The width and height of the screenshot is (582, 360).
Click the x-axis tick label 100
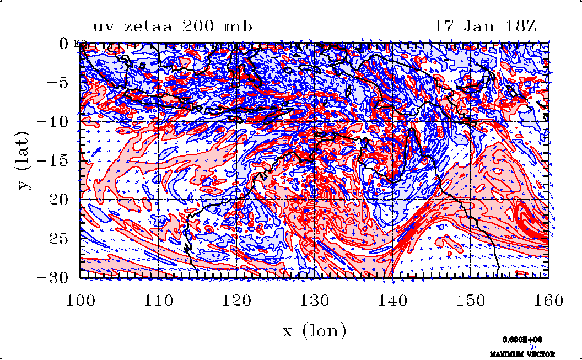(x=80, y=300)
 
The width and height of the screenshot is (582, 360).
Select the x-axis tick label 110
(x=158, y=300)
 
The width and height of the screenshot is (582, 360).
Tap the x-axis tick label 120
(x=236, y=300)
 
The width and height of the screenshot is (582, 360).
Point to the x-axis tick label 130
(x=314, y=300)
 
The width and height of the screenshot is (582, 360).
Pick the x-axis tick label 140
(x=392, y=300)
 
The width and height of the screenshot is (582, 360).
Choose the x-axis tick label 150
(x=470, y=300)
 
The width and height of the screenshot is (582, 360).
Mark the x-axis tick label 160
(x=548, y=300)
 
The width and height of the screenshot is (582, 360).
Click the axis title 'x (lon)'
(x=314, y=331)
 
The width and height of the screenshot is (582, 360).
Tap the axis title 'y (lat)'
(x=25, y=160)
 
